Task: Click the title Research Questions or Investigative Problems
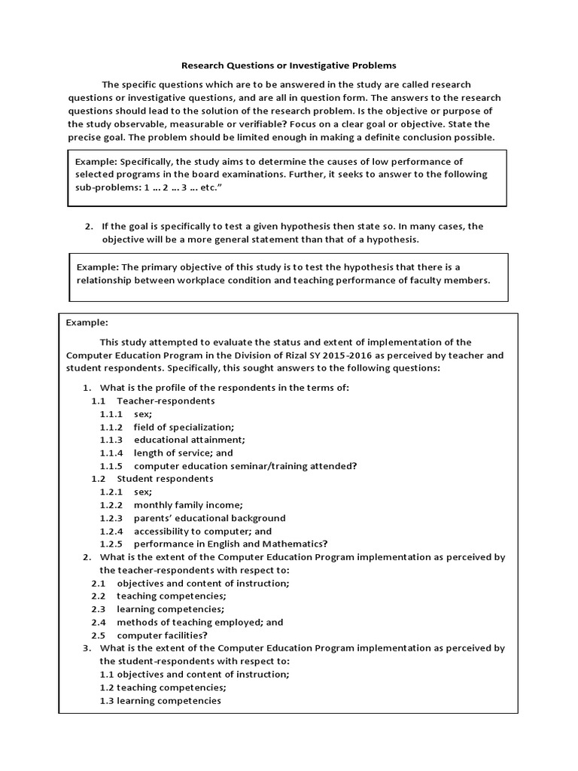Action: [290, 66]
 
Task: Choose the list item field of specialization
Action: [184, 426]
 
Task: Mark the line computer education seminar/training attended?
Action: [245, 465]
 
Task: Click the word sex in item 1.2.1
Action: [142, 492]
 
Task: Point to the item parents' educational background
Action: [210, 518]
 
